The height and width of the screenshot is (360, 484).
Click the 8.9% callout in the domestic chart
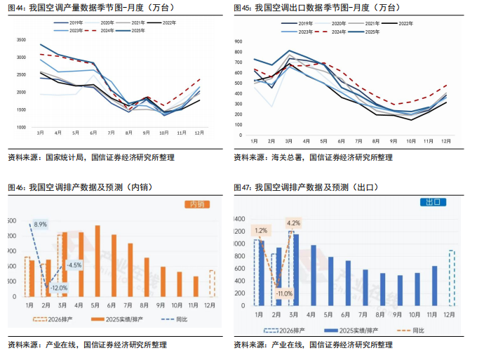pos(40,225)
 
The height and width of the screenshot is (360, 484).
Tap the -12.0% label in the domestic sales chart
pos(59,288)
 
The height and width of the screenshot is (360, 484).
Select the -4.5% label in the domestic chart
pos(74,265)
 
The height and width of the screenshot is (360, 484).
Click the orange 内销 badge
pos(196,204)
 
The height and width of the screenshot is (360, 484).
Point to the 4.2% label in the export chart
pos(293,224)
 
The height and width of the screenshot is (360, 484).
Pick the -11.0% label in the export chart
pos(283,293)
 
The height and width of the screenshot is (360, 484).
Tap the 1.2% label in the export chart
pos(261,230)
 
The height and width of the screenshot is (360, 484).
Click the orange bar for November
pos(196,286)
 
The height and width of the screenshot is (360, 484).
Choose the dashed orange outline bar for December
pos(212,284)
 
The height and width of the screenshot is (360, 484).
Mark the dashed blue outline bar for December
pos(452,278)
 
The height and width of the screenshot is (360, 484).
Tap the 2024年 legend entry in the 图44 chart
pos(103,32)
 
